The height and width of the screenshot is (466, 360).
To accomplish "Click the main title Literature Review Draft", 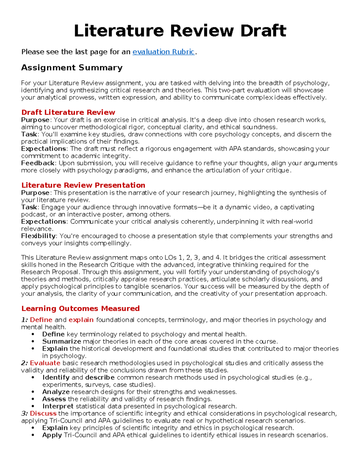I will [x=180, y=31].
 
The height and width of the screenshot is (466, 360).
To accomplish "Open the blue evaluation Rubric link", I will [x=163, y=52].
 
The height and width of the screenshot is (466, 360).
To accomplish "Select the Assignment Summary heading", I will [x=72, y=68].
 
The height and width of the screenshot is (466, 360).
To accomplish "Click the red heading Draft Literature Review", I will [x=68, y=112].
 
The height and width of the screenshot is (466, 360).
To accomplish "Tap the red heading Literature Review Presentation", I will [x=83, y=185].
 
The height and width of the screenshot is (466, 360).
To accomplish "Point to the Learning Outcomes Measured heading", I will [x=80, y=308].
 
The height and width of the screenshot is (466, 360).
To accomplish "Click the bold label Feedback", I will [x=38, y=163].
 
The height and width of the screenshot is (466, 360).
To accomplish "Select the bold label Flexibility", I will [x=38, y=236].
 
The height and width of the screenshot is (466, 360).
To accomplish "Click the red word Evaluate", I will [x=45, y=363].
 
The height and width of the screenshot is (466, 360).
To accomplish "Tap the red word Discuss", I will [x=43, y=413].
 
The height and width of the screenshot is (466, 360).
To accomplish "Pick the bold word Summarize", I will [x=61, y=341].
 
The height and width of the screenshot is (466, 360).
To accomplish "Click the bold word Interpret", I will [x=58, y=406].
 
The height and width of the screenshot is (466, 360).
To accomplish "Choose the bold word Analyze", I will [x=56, y=392].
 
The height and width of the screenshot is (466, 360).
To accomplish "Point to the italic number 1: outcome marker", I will [x=24, y=320].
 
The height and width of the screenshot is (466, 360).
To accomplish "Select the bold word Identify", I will [x=56, y=377].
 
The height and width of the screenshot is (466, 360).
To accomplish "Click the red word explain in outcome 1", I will [x=81, y=320].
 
